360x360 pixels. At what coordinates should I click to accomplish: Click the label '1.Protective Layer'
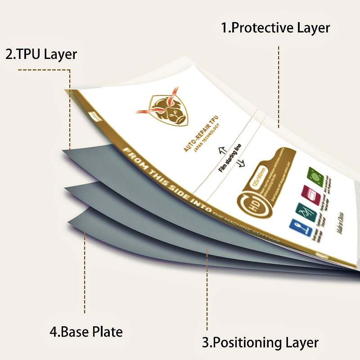275,28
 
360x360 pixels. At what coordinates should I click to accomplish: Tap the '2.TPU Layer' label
41,54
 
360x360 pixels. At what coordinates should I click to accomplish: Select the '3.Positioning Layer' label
260,342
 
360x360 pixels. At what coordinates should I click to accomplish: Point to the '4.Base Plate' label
86,333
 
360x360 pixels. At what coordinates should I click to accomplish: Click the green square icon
314,174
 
